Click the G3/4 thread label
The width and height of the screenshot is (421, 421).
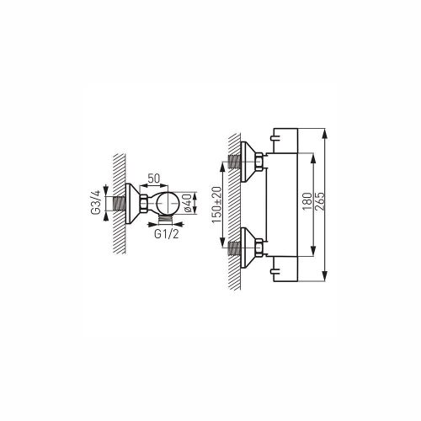tap(95, 203)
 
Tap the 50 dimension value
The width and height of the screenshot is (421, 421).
tap(154, 179)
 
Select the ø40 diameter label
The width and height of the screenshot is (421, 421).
tap(188, 203)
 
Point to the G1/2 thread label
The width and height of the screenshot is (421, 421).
tap(166, 234)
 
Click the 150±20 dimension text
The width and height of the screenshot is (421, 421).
tap(217, 205)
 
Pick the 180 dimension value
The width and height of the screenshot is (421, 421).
tap(308, 201)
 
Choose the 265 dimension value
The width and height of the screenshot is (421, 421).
tap(320, 201)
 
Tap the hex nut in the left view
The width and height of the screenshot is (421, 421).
tap(143, 203)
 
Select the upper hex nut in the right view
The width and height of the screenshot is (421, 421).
tap(259, 162)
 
